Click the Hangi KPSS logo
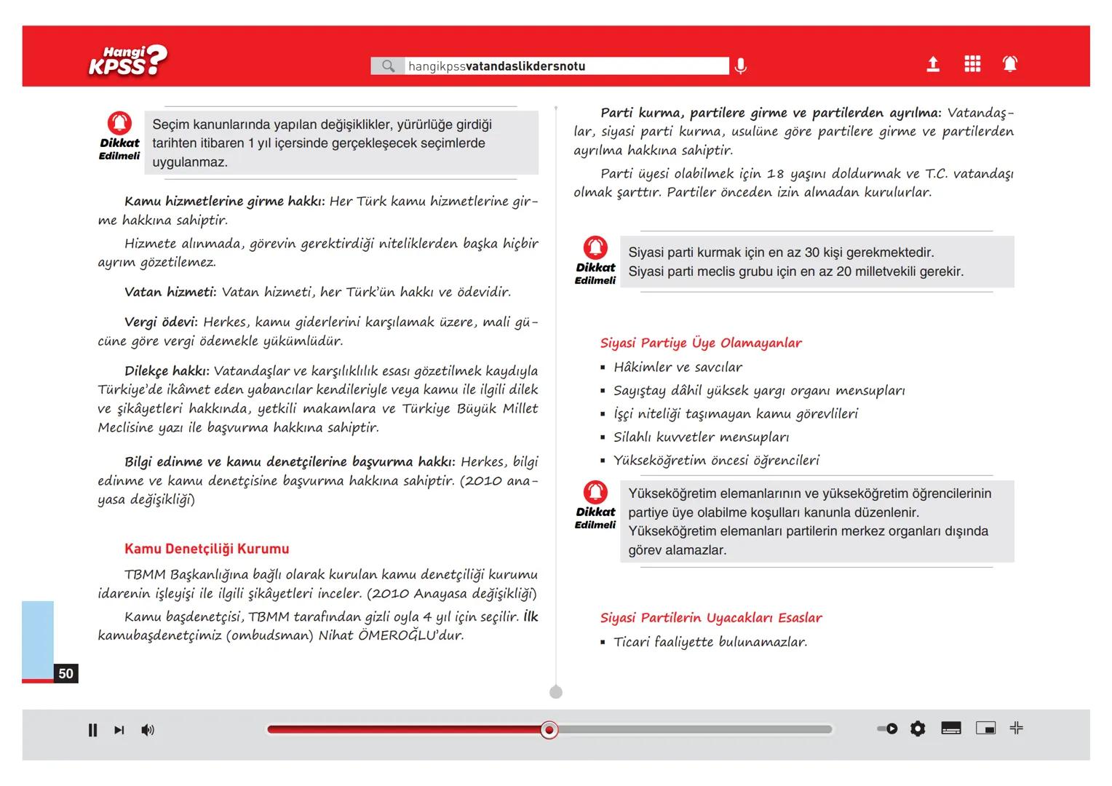click(x=127, y=61)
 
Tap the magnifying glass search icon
click(x=388, y=66)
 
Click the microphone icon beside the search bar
click(x=740, y=66)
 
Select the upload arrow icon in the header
click(x=933, y=65)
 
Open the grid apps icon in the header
click(x=972, y=64)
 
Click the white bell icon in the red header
click(x=1010, y=64)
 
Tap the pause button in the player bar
click(x=92, y=730)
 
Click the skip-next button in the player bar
click(x=119, y=730)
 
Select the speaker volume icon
click(x=148, y=730)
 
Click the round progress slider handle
click(x=549, y=730)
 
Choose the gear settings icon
click(x=918, y=729)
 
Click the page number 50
click(x=66, y=673)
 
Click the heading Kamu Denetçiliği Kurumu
click(x=207, y=549)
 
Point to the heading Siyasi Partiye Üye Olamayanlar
click(x=701, y=343)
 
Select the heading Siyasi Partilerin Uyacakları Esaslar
click(x=711, y=618)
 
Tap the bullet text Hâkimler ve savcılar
click(x=678, y=368)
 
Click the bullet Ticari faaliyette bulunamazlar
click(x=710, y=642)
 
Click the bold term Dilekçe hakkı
click(x=167, y=371)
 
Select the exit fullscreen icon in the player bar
click(x=1017, y=728)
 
